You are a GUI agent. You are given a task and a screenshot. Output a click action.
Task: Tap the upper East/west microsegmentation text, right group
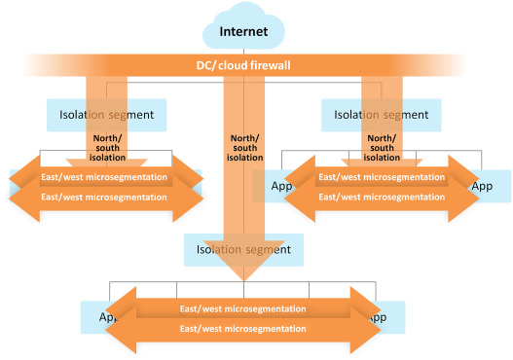click(382, 178)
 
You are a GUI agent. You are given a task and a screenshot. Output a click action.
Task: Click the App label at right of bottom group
click(378, 317)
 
